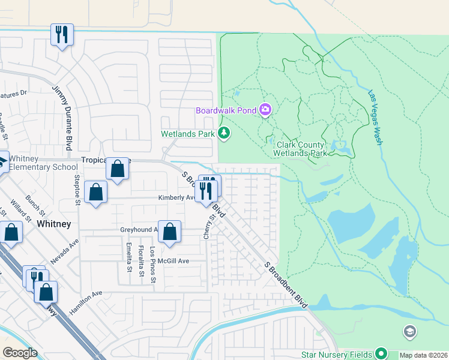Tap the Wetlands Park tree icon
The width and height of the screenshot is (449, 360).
(224, 133)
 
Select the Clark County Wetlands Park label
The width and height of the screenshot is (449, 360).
(301, 149)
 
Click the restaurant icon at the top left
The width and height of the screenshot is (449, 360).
(62, 34)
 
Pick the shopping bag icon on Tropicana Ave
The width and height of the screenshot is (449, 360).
(118, 169)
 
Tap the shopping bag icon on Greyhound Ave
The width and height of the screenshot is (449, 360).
(170, 232)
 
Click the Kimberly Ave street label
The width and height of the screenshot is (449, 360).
(176, 197)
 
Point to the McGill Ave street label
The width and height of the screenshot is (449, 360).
(174, 261)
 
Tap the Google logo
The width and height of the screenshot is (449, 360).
(20, 353)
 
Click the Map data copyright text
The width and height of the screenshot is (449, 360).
(424, 355)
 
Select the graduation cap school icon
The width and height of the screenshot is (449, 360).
(409, 331)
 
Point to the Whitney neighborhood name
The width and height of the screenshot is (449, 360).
(54, 224)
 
